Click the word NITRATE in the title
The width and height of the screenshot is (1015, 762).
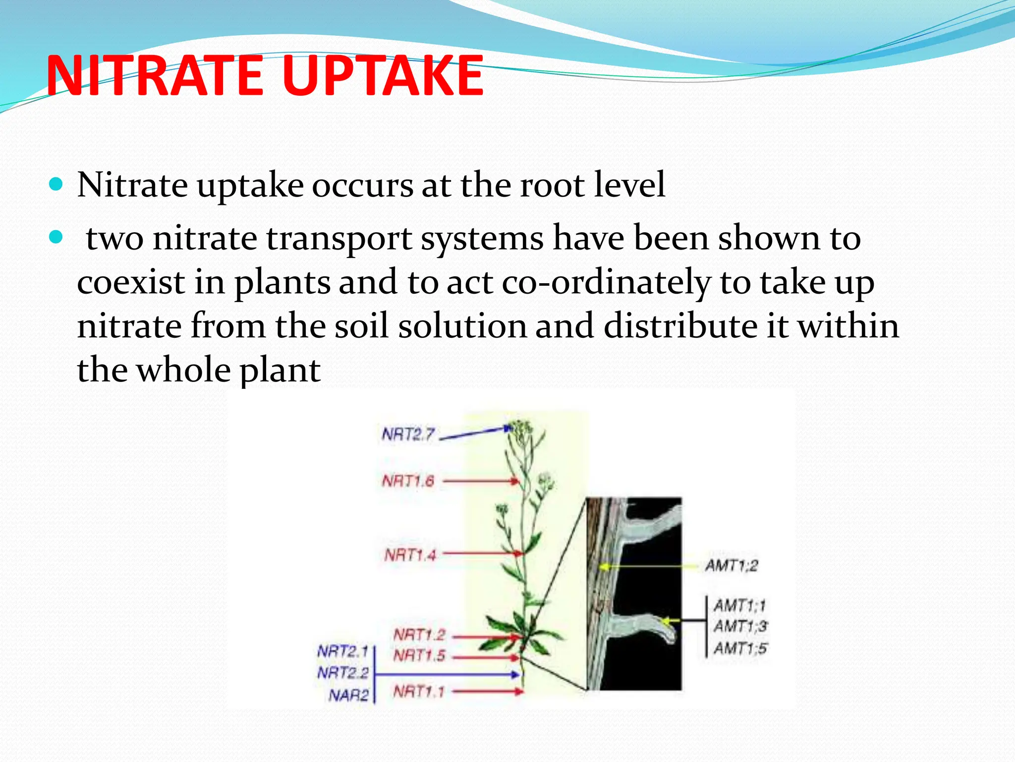tap(154, 75)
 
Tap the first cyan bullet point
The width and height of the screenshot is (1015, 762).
tap(56, 185)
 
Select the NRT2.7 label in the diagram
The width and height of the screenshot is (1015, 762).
tap(408, 435)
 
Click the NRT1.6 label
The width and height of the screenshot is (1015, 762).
tap(408, 481)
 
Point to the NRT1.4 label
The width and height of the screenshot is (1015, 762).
tap(410, 554)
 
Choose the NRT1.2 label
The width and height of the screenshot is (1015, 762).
tap(419, 635)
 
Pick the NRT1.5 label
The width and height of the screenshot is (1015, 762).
tap(419, 656)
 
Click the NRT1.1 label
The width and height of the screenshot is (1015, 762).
tap(419, 691)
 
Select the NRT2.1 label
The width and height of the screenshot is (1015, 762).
tap(342, 650)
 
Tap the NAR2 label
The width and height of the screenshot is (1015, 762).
tap(348, 695)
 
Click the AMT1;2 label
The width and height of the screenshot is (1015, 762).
tap(732, 565)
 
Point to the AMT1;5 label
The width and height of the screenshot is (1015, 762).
tap(740, 648)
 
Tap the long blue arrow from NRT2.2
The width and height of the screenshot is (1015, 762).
tap(446, 674)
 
